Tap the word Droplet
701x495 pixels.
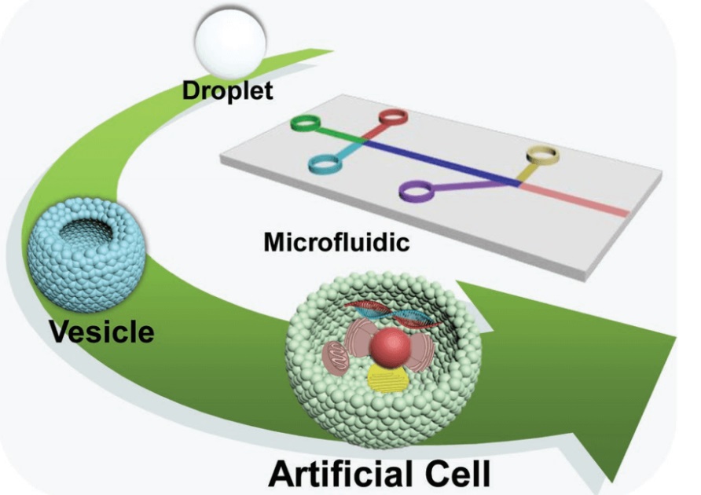coord(227,90)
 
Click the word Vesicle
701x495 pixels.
coord(101,331)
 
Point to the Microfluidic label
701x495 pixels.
coord(336,241)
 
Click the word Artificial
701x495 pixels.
coord(337,471)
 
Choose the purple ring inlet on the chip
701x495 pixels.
coord(417,189)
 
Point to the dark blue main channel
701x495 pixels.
coord(440,161)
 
